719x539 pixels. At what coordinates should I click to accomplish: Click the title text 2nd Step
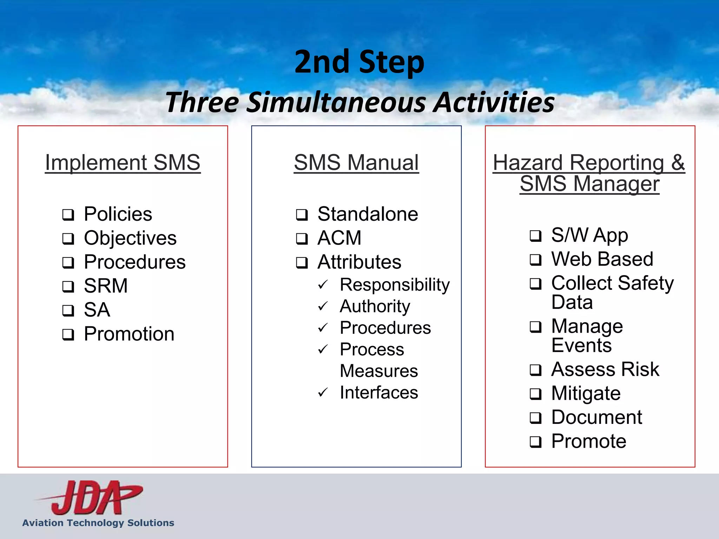359,62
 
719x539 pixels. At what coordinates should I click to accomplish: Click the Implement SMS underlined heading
123,162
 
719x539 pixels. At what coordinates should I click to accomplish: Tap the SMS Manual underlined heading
356,162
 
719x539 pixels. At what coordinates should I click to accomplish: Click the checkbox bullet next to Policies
68,215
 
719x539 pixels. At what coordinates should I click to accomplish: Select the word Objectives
130,238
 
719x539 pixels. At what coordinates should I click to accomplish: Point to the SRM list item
106,286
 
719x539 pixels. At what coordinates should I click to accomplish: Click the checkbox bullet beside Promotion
68,335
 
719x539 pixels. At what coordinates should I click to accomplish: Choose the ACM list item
339,238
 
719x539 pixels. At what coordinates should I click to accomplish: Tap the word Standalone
368,214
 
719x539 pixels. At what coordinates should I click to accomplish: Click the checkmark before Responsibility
323,285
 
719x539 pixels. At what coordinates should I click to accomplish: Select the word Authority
375,306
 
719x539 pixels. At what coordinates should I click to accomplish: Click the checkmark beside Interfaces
323,393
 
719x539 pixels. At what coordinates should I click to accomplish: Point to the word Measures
379,371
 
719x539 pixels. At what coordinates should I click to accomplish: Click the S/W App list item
589,235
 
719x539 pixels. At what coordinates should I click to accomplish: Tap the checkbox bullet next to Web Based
535,260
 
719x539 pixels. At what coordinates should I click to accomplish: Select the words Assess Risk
605,370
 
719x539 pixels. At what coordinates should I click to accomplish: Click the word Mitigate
586,393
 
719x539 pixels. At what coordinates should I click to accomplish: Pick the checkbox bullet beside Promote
535,442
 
